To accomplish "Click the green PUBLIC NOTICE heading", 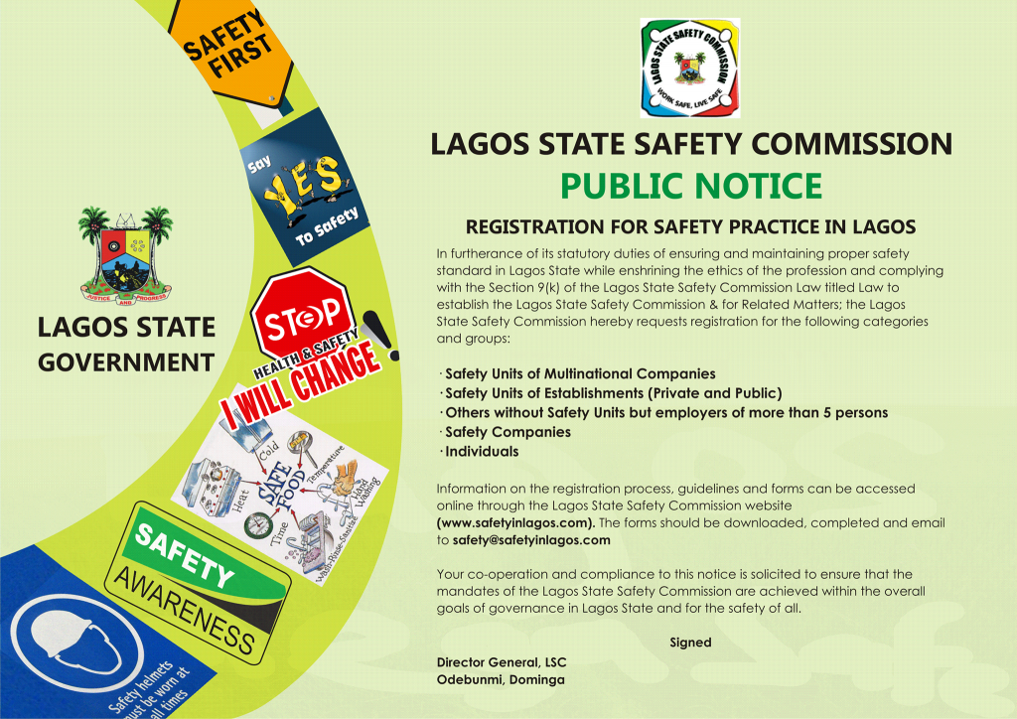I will coord(690,185).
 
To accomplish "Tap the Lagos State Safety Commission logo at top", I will coord(690,68).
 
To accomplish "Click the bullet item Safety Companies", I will coord(508,432).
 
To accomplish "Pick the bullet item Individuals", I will coord(482,451).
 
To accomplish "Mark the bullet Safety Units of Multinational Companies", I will coord(580,374).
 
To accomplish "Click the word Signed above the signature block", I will coord(690,643).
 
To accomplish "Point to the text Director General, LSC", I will coord(507,661).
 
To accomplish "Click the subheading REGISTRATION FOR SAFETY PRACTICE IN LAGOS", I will coord(690,226).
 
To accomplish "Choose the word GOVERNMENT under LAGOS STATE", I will coord(125,360).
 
